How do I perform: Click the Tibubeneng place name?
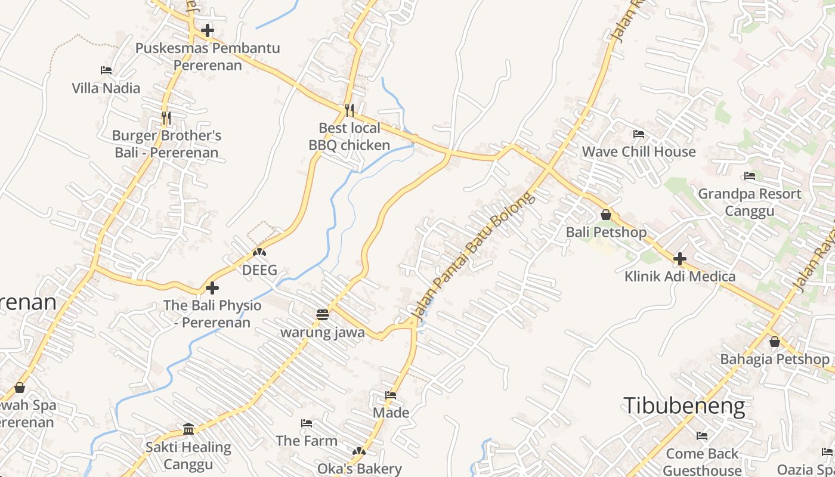coord(684,406)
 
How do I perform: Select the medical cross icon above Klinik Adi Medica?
coord(679,259)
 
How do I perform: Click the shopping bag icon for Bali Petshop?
coord(606,215)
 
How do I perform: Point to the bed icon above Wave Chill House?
coord(639,134)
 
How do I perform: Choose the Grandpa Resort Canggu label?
coord(750,202)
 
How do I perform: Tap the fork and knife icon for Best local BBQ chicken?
coord(350,110)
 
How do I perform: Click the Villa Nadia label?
coord(106,88)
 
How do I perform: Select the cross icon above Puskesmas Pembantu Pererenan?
coord(207,30)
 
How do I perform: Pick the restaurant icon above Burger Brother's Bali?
coord(166,118)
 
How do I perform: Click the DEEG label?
coord(259,270)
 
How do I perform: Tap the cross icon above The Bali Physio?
coord(212,289)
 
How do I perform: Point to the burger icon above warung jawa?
coord(323,314)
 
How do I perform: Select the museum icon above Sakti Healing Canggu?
coord(188,429)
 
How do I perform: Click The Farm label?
coord(307,441)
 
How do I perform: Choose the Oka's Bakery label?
coord(359,469)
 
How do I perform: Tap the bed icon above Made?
coord(391,395)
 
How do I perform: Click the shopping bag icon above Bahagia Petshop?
coord(774,342)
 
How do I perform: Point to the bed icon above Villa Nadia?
coord(106,70)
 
